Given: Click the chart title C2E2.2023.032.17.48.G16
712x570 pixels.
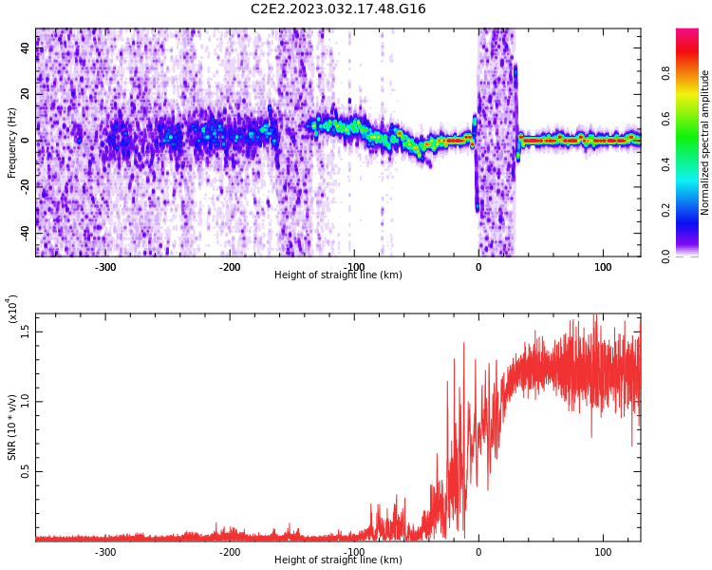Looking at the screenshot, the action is [x=338, y=9].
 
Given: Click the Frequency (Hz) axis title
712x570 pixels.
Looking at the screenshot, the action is [x=11, y=142].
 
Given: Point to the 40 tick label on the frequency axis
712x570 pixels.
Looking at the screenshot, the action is [x=25, y=47].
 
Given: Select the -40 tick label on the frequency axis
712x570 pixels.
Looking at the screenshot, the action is [x=25, y=233].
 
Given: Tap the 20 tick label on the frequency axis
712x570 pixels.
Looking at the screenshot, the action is [x=25, y=94].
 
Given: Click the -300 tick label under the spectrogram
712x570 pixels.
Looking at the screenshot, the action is [x=105, y=267].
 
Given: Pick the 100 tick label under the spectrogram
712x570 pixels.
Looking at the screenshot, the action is [x=603, y=267].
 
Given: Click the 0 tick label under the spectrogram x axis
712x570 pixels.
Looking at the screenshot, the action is [x=478, y=267].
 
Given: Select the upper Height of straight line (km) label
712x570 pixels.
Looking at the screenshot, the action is [x=338, y=275].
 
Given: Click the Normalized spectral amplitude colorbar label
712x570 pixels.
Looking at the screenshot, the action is [x=704, y=142].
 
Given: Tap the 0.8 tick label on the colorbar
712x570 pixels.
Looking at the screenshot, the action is [x=665, y=73].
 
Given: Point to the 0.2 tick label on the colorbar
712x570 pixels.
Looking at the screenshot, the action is [x=665, y=210].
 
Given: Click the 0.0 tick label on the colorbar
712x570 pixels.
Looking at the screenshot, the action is [x=665, y=256].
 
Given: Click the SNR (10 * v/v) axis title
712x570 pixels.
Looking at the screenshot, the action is [x=11, y=427].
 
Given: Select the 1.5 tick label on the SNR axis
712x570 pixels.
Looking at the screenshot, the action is [x=25, y=332].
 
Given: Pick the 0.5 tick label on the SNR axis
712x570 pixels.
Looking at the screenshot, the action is [x=25, y=471].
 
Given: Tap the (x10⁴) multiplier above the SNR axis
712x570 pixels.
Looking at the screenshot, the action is [x=12, y=310].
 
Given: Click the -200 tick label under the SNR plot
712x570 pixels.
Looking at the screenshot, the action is [x=230, y=552].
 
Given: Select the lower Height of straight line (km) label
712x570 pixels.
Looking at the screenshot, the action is [x=338, y=560].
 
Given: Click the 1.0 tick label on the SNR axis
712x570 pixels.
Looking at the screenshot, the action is [x=25, y=402].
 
